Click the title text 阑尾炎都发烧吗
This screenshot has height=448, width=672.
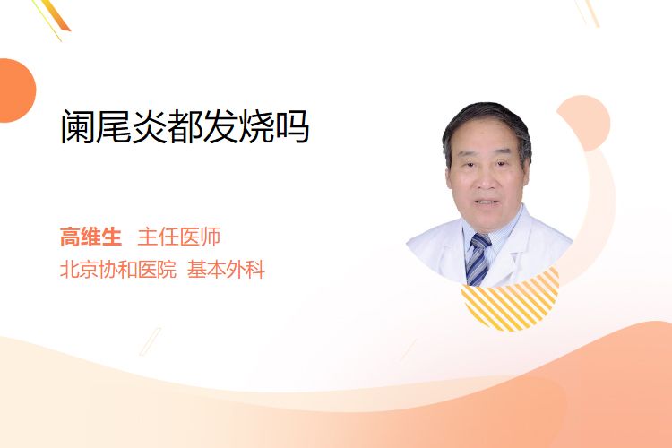click(x=185, y=126)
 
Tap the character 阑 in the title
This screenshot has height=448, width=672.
click(x=78, y=126)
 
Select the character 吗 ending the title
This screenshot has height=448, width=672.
click(x=292, y=126)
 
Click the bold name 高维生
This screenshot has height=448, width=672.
click(x=90, y=237)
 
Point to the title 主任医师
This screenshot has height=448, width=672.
click(x=179, y=237)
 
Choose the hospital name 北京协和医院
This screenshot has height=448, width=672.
click(x=118, y=270)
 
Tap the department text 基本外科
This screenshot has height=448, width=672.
click(x=226, y=270)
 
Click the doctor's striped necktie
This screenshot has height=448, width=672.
click(x=478, y=259)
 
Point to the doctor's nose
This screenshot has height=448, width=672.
click(x=485, y=180)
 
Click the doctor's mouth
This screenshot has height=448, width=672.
click(x=487, y=202)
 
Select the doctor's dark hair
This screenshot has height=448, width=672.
click(x=487, y=125)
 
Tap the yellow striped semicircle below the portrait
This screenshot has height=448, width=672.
click(x=511, y=300)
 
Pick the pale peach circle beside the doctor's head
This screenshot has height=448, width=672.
click(x=584, y=122)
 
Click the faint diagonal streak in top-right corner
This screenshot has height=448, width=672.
click(x=587, y=13)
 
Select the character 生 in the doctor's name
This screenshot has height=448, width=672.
click(x=111, y=237)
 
